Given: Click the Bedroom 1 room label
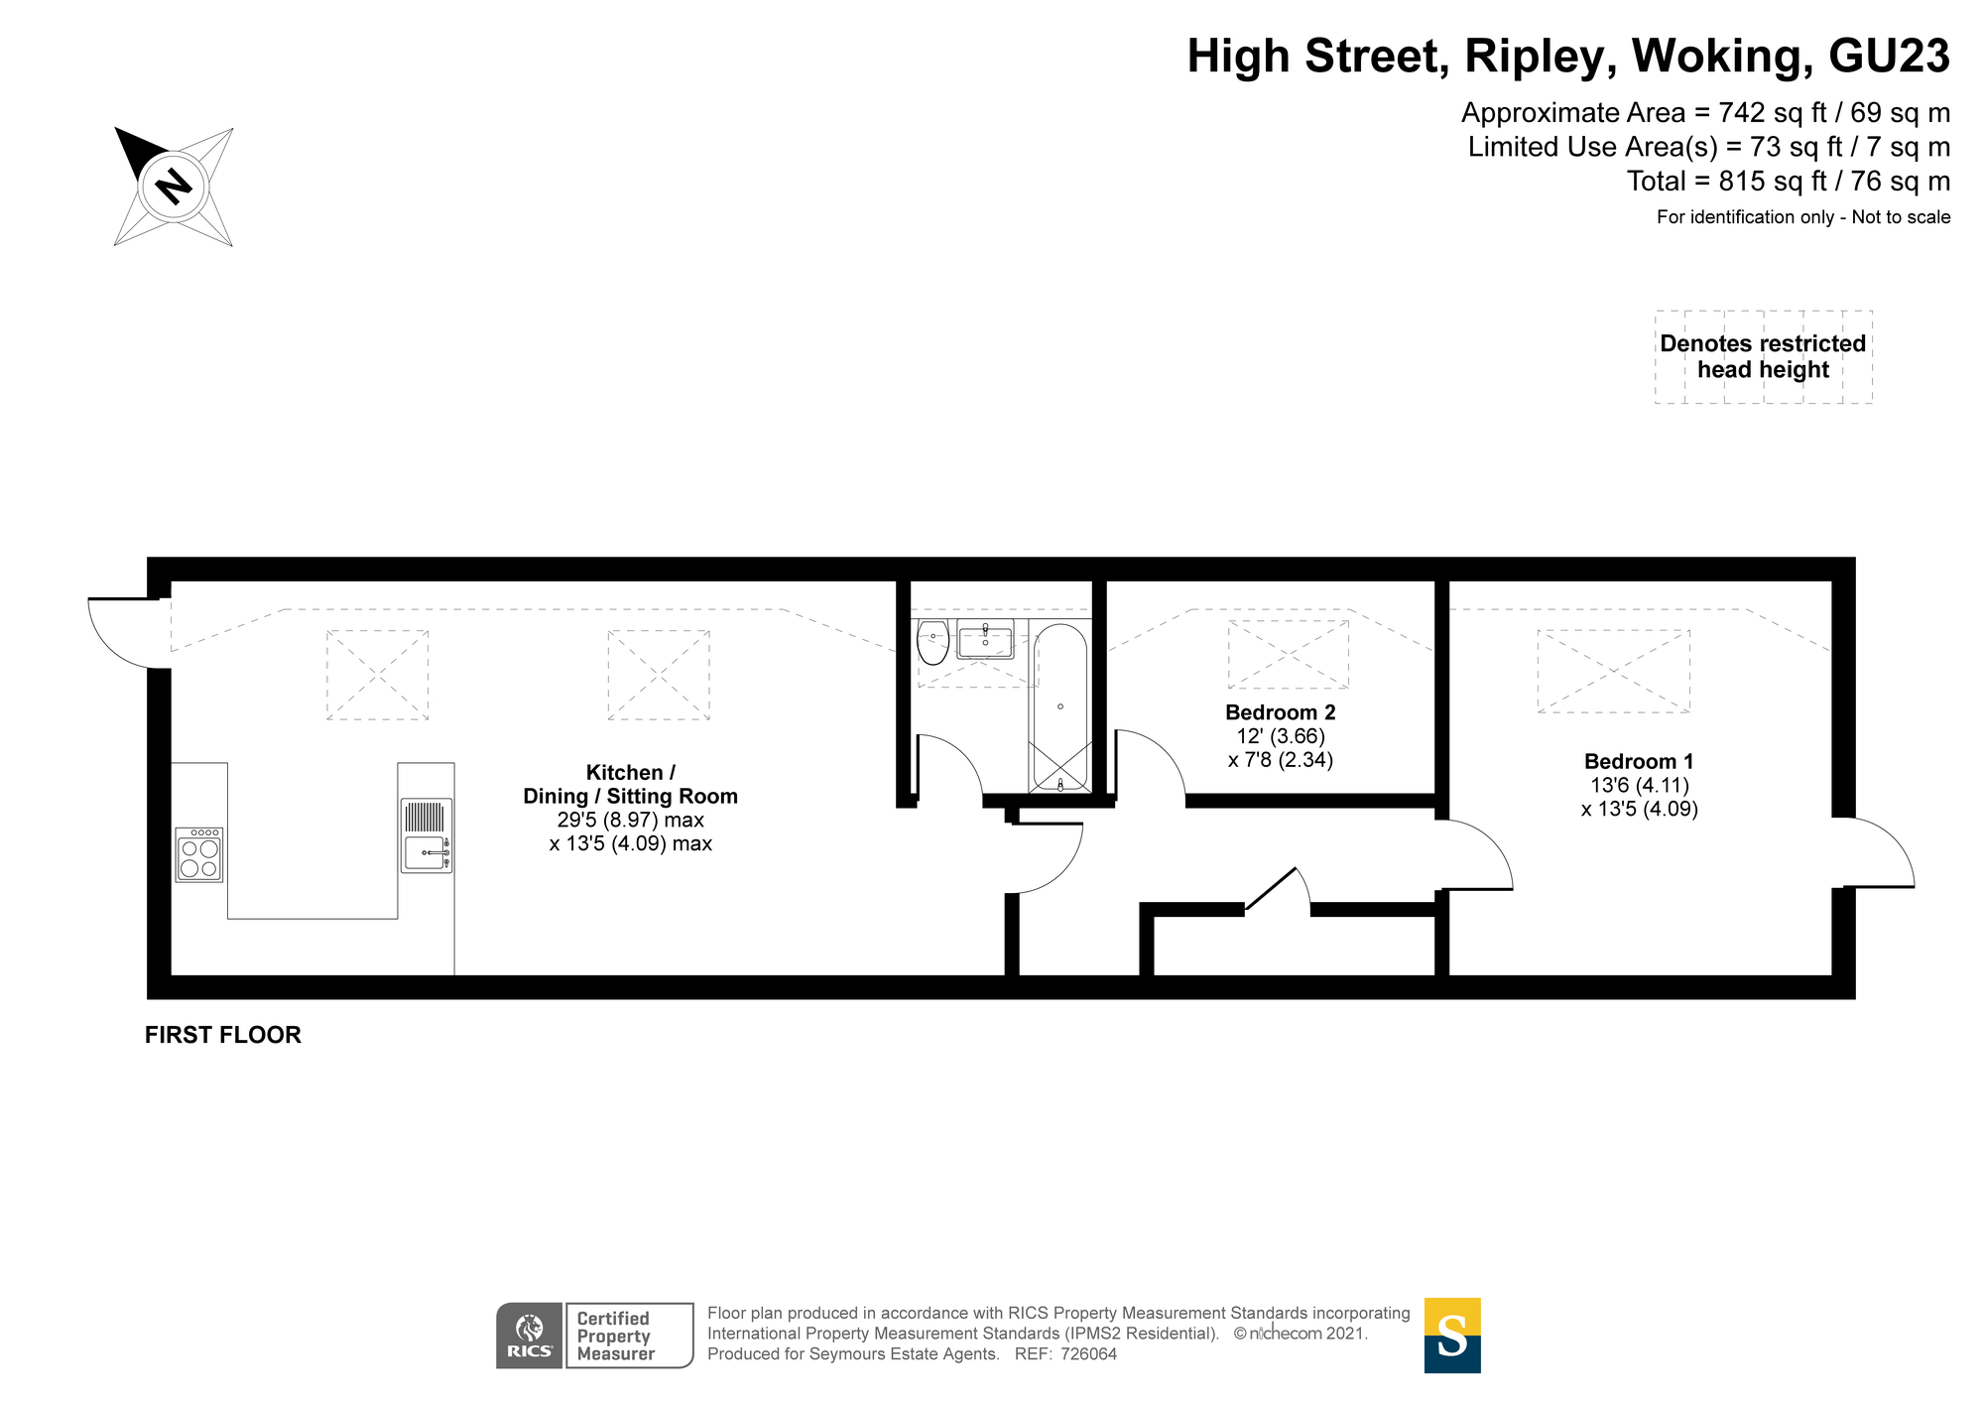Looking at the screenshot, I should click(x=1639, y=761).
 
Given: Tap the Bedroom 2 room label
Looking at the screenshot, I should click(x=1280, y=711).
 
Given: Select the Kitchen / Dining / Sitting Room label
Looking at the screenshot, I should click(x=630, y=784).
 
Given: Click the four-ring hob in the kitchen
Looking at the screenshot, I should click(x=198, y=854).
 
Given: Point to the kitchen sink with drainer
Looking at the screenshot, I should click(x=427, y=835).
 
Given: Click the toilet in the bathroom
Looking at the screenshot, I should click(x=932, y=643).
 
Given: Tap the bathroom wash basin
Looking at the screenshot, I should click(x=984, y=640).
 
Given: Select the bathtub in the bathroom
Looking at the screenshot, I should click(x=1060, y=706).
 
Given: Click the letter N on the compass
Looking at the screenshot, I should click(x=175, y=187).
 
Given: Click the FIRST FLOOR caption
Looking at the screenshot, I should click(x=222, y=1035).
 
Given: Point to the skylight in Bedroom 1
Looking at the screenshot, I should click(x=1613, y=671).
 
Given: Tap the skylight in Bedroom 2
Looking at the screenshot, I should click(x=1288, y=654).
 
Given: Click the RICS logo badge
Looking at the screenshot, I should click(x=530, y=1336).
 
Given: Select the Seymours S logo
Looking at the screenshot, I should click(x=1452, y=1336).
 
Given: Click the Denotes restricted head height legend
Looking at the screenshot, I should click(x=1763, y=356).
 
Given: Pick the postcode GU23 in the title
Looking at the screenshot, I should click(x=1889, y=57).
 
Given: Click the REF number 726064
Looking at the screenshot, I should click(x=1088, y=1354).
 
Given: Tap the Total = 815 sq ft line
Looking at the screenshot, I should click(x=1788, y=182).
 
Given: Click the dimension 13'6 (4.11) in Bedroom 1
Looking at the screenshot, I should click(x=1639, y=785).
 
